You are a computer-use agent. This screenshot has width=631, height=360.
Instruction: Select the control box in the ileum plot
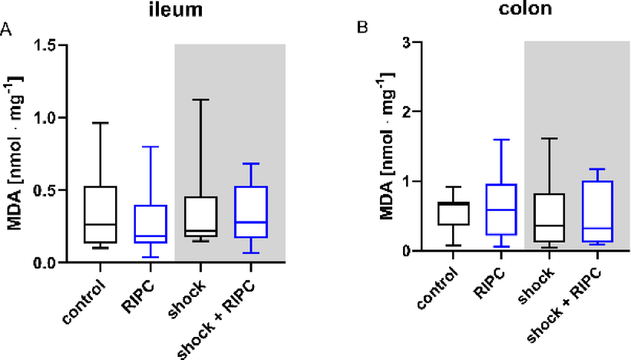(x=101, y=215)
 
